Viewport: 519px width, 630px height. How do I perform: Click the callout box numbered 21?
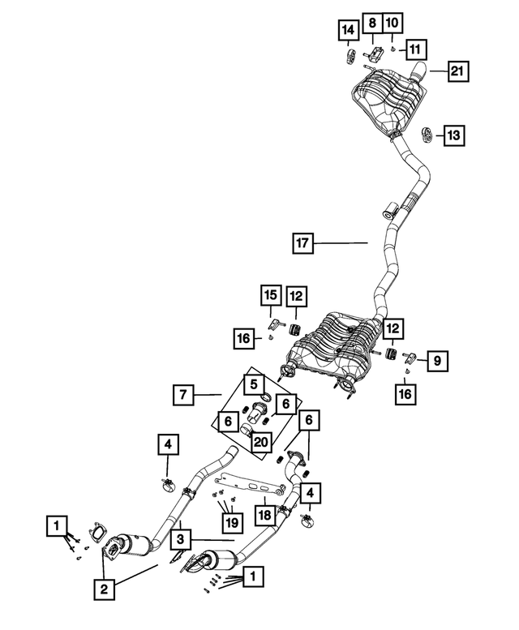coord(456,72)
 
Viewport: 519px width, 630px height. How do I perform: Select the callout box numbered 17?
coord(302,242)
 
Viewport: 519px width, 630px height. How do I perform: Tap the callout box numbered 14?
coord(348,32)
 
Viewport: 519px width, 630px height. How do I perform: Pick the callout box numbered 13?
coord(454,135)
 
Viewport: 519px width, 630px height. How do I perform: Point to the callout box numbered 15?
coord(270,294)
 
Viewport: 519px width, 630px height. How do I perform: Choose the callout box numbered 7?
coord(184,395)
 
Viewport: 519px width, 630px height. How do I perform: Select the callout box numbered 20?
coord(259,441)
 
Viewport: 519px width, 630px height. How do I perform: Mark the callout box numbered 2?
coord(104,589)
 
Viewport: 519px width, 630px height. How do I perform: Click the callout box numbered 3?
coord(182,538)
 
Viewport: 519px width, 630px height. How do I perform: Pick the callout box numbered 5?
coord(253,383)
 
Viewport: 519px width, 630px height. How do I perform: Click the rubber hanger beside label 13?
coord(426,132)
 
